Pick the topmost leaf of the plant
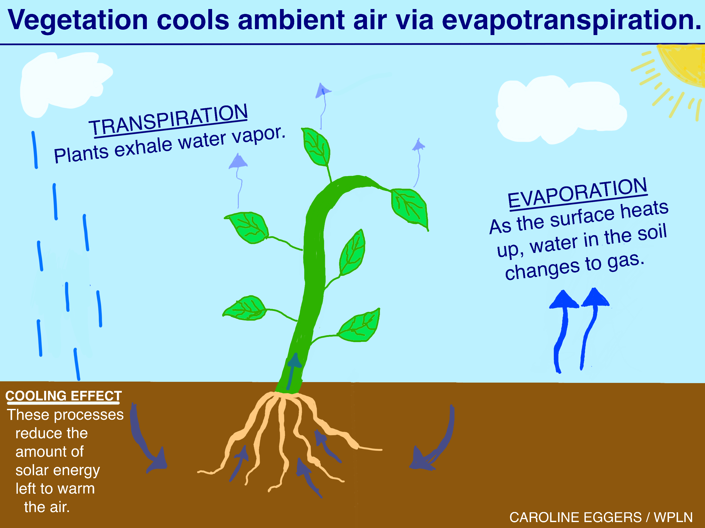pos(316,147)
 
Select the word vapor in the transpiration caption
pos(259,135)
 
